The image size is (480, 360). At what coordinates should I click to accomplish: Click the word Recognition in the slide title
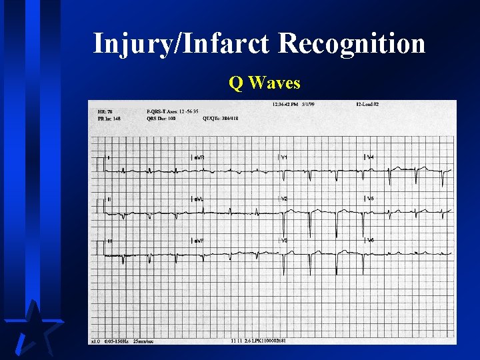351,44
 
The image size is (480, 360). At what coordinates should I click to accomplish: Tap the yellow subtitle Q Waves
264,83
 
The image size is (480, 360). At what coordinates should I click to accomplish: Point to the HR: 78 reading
105,111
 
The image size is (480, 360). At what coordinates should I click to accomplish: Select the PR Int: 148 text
109,119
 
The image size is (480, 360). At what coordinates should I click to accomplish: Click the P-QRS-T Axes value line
173,111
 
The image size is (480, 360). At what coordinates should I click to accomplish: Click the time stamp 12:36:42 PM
285,105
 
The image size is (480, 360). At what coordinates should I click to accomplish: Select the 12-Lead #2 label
367,105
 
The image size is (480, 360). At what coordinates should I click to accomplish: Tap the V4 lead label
370,157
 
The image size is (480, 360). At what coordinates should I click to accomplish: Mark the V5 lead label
370,199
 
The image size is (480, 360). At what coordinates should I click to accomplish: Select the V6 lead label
370,240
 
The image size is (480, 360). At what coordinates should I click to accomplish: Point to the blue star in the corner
30,330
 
